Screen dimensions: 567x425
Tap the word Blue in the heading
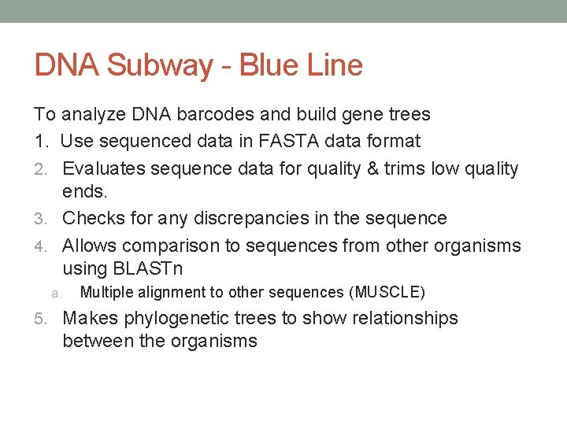pyautogui.click(x=269, y=65)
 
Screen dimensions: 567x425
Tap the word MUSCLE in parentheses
pyautogui.click(x=387, y=293)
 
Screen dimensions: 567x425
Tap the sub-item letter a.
pyautogui.click(x=56, y=293)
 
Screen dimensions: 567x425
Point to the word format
pyautogui.click(x=395, y=142)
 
